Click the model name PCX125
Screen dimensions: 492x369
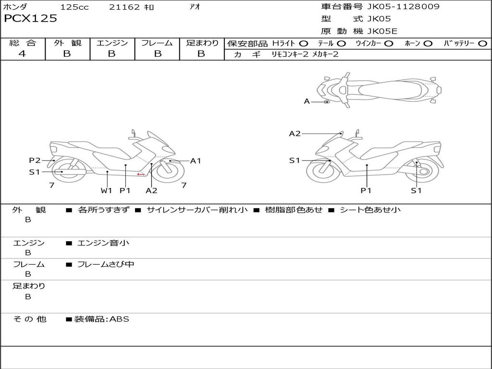[x=30, y=19]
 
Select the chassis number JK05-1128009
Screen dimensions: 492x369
[x=403, y=7]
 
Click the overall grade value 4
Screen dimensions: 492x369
[x=22, y=54]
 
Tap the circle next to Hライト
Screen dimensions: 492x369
[x=304, y=44]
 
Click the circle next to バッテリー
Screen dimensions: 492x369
[x=482, y=44]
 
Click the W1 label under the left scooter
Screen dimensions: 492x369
[x=106, y=190]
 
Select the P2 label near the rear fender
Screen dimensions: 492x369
[x=35, y=160]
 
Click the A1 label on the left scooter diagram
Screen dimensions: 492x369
[x=196, y=161]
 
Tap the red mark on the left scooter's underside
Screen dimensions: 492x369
[x=141, y=174]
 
